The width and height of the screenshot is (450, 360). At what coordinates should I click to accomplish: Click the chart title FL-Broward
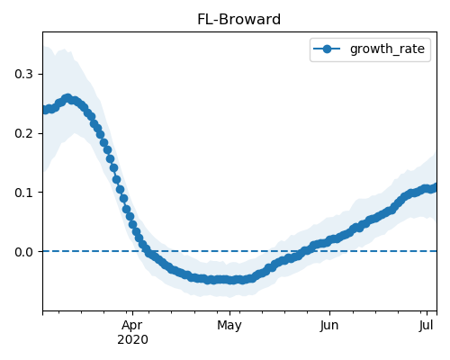238,20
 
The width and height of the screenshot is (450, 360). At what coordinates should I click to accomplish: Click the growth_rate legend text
387,49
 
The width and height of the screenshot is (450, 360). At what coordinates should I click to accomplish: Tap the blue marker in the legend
327,49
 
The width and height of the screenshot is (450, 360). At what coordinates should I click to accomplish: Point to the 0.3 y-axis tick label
23,74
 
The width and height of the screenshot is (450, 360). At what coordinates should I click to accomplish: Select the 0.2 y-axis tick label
23,133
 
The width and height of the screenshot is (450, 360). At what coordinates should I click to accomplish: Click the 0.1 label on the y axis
23,193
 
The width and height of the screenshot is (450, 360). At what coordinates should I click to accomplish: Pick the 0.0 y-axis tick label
23,252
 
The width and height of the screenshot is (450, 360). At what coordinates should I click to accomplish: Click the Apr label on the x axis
132,326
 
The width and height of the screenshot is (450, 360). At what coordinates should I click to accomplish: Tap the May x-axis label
229,326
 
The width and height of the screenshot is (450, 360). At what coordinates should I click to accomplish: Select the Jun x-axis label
329,326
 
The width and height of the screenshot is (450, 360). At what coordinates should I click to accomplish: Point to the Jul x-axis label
427,326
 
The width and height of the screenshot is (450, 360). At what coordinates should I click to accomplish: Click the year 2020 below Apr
132,340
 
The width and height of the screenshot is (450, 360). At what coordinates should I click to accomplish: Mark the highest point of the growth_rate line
67,98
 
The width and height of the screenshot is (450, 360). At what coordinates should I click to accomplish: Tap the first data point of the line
44,110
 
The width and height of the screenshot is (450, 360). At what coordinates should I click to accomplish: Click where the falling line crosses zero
146,251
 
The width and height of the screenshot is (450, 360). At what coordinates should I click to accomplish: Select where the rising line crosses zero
307,251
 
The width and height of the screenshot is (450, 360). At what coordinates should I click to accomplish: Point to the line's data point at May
229,280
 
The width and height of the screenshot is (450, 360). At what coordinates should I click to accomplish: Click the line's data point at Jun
329,240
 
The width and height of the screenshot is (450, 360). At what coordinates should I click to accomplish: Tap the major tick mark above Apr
132,313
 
